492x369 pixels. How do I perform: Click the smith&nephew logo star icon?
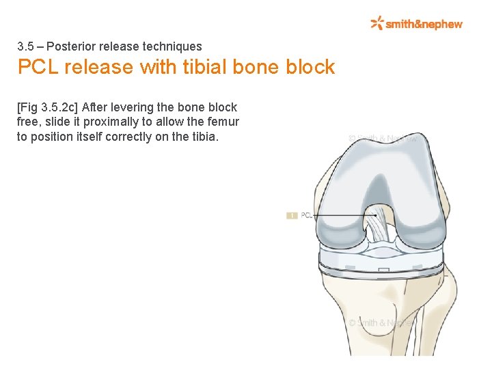point(377,23)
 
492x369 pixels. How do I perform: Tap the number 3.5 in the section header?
point(25,47)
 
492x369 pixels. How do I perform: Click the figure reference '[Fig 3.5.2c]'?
point(47,107)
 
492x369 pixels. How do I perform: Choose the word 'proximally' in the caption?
point(106,122)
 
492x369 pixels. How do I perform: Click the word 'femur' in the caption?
point(223,122)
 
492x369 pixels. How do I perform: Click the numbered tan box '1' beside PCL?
point(292,215)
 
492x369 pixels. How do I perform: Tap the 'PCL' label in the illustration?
point(306,215)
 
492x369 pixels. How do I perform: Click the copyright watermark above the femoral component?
point(382,138)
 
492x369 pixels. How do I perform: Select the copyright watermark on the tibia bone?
point(381,322)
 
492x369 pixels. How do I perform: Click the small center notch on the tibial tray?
point(380,272)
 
